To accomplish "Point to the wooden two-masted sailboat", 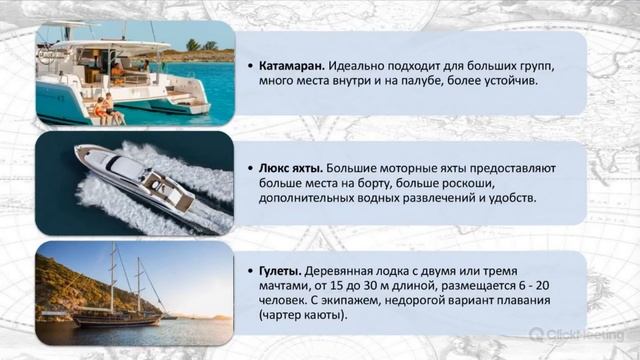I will tap(120, 300).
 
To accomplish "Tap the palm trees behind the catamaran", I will tap(201, 45).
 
